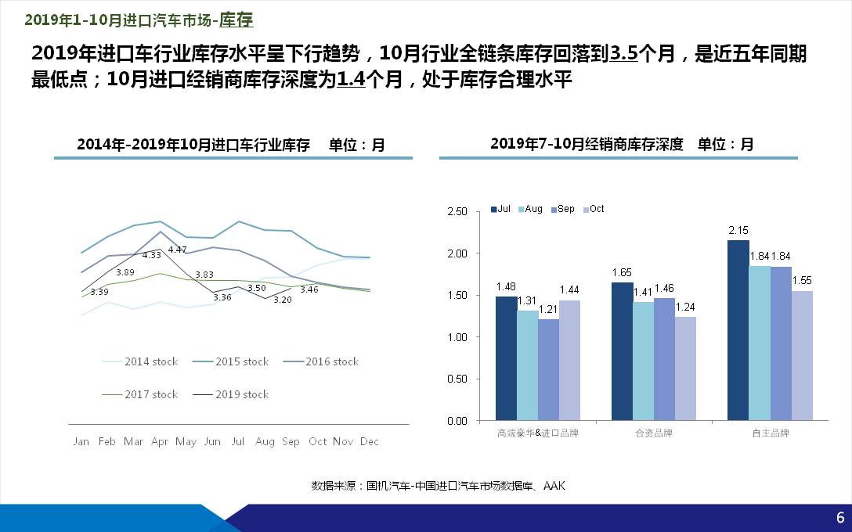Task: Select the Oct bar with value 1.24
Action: [x=685, y=368]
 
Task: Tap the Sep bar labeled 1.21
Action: [x=548, y=369]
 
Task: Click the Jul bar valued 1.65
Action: [x=622, y=351]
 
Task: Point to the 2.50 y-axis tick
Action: [x=457, y=212]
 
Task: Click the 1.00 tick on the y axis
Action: [x=457, y=337]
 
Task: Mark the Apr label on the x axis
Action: [x=159, y=442]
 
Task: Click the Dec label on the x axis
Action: [x=369, y=442]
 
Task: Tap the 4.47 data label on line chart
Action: [x=178, y=250]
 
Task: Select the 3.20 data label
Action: [x=283, y=300]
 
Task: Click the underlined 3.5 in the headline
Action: [x=624, y=54]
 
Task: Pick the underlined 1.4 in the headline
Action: [x=351, y=80]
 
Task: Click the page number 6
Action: [x=840, y=518]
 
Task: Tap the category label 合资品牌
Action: [x=653, y=433]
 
